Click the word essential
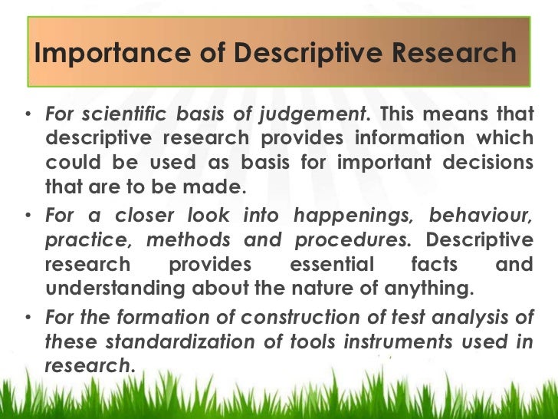(331, 266)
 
